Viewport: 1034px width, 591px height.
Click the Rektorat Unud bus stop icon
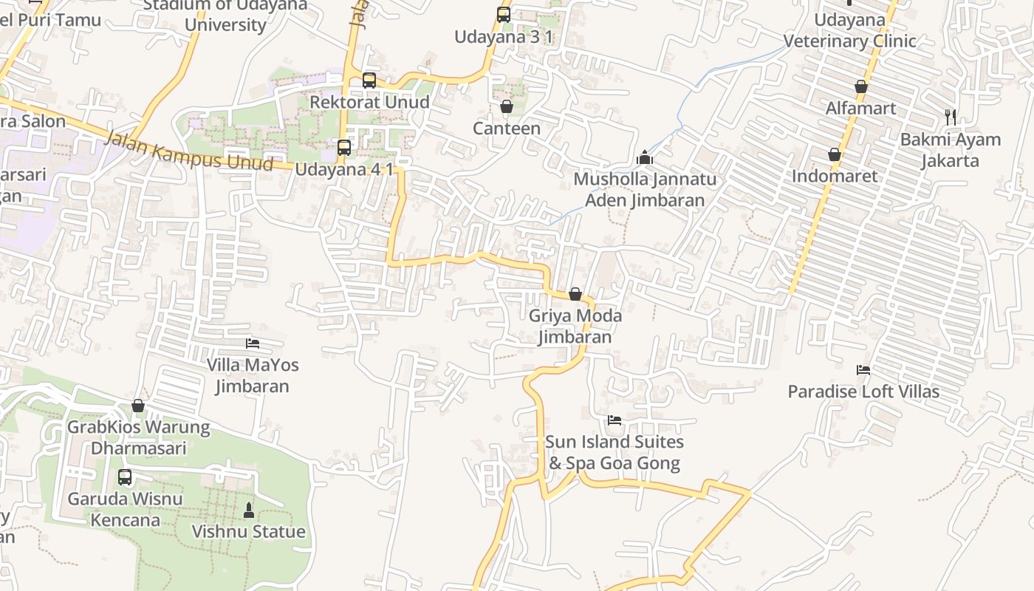[x=369, y=81]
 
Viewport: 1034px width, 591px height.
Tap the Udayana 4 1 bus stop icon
[x=344, y=148]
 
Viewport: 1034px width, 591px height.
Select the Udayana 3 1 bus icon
[x=504, y=15]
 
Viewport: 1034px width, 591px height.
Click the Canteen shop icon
[x=507, y=107]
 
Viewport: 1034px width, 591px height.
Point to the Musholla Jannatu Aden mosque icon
[x=645, y=158]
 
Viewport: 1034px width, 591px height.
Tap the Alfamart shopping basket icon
[x=861, y=87]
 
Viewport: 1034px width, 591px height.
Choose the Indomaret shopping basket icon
[x=835, y=155]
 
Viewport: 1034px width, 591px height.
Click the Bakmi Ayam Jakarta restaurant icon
[x=951, y=117]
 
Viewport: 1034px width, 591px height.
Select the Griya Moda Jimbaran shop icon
[x=575, y=295]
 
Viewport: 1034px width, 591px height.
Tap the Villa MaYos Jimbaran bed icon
[x=253, y=344]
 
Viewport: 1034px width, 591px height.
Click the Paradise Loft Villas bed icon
[x=863, y=370]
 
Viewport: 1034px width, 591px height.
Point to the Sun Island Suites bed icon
[x=614, y=421]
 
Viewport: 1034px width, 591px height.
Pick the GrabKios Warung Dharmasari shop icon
[x=138, y=406]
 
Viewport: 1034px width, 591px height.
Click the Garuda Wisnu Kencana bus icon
[x=125, y=477]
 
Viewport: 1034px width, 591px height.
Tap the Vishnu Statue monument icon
[x=249, y=510]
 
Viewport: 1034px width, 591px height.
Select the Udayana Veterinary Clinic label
[x=849, y=30]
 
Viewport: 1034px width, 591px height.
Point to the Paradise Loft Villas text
[x=863, y=392]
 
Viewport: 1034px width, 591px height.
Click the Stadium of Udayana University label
[x=225, y=15]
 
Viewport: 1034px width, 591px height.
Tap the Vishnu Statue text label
[x=249, y=532]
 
